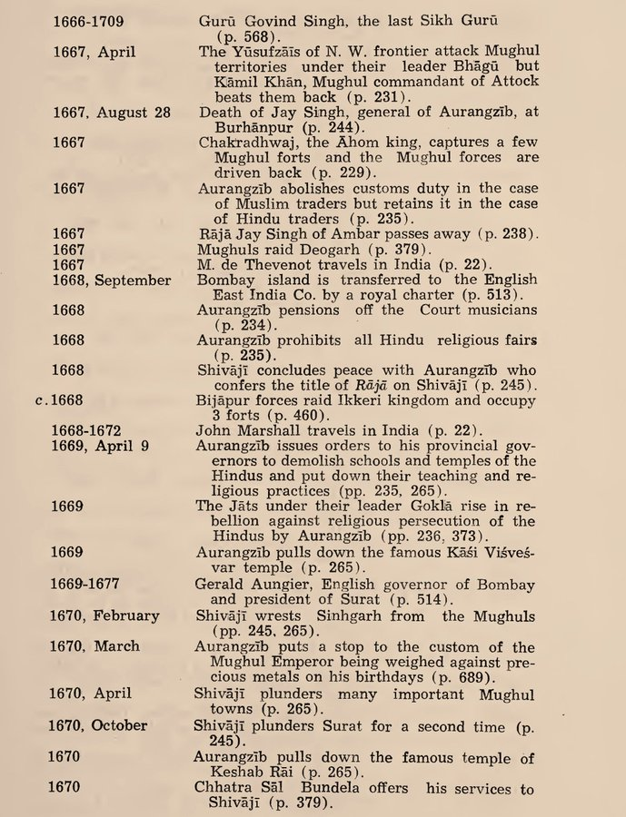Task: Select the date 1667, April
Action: [93, 52]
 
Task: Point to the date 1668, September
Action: [110, 280]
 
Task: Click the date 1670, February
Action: [104, 615]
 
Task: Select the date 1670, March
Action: [94, 646]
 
